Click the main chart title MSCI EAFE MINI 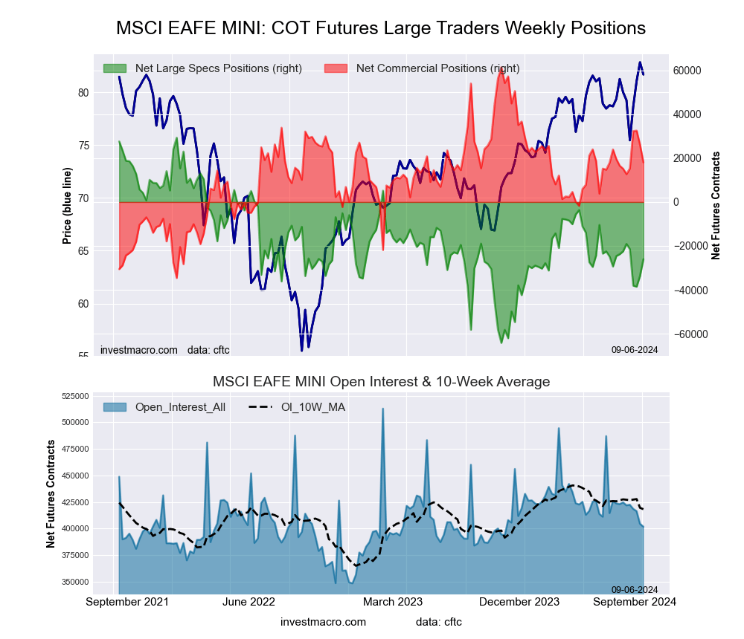(x=380, y=28)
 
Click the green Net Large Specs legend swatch (x=115, y=68)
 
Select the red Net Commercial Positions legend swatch (x=336, y=68)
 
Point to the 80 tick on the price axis (x=83, y=93)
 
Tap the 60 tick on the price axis (x=83, y=304)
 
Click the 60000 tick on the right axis (x=687, y=71)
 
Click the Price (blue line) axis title (x=67, y=206)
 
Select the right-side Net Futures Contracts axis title (x=716, y=206)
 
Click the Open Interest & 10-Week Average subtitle (x=381, y=382)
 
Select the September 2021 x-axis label (x=127, y=602)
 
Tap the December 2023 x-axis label (x=525, y=602)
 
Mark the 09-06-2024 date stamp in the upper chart (x=635, y=349)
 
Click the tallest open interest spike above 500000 (x=382, y=409)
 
